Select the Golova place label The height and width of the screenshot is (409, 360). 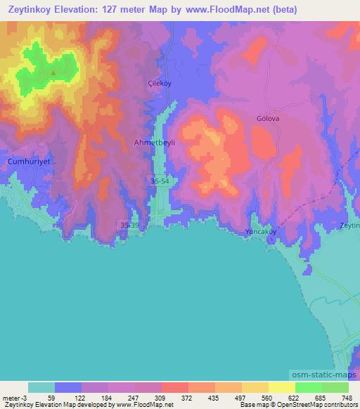(x=267, y=119)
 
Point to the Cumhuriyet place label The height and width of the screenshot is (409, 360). (x=30, y=161)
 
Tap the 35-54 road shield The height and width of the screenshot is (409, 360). (x=160, y=181)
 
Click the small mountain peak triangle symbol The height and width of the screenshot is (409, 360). (x=53, y=72)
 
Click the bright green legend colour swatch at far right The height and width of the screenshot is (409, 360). (x=335, y=387)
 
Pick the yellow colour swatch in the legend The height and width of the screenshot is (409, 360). (x=281, y=387)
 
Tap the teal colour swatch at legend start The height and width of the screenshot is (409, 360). (x=41, y=387)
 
